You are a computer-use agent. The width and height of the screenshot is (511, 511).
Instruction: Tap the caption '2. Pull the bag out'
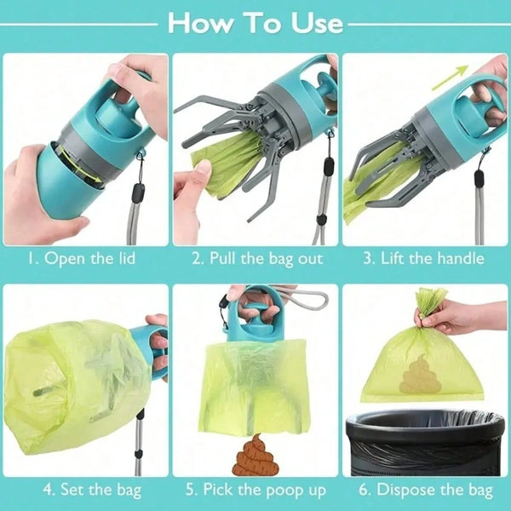click(x=255, y=258)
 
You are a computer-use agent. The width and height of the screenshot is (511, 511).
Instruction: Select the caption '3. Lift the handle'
click(x=424, y=258)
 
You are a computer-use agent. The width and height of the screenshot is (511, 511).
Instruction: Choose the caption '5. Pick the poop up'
click(x=255, y=490)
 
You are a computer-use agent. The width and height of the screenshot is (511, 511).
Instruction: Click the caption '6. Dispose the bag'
click(x=424, y=490)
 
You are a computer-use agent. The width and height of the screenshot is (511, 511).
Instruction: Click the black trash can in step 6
click(x=424, y=443)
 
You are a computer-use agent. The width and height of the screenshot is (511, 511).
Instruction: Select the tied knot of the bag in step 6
click(x=430, y=300)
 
